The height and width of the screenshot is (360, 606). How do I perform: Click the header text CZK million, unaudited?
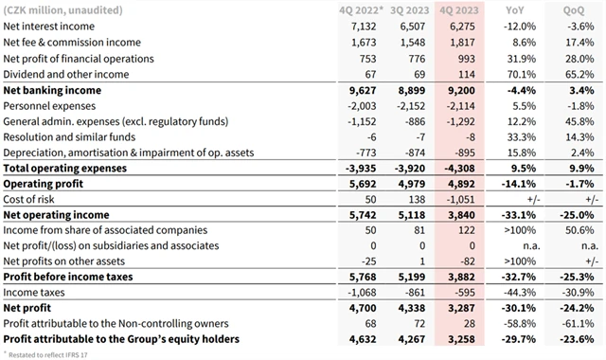(x=61, y=9)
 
